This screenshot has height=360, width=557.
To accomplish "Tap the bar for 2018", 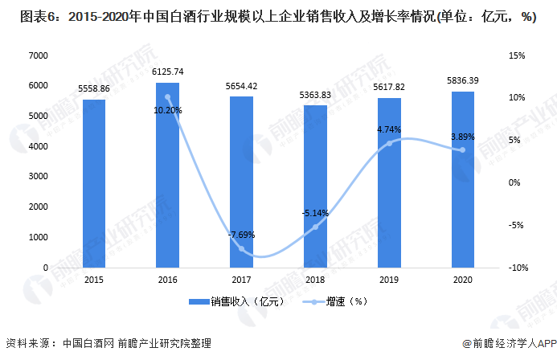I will pos(315,186).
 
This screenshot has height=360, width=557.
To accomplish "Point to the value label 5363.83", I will pos(315,95).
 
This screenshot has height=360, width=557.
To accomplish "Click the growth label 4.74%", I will pos(389,129).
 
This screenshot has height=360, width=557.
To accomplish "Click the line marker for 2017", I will pos(242,248).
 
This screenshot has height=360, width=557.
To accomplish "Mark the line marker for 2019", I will pos(389,143).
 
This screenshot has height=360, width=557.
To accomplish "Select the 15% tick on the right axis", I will pos(517,55).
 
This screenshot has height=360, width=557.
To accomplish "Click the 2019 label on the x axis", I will pos(389,278).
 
